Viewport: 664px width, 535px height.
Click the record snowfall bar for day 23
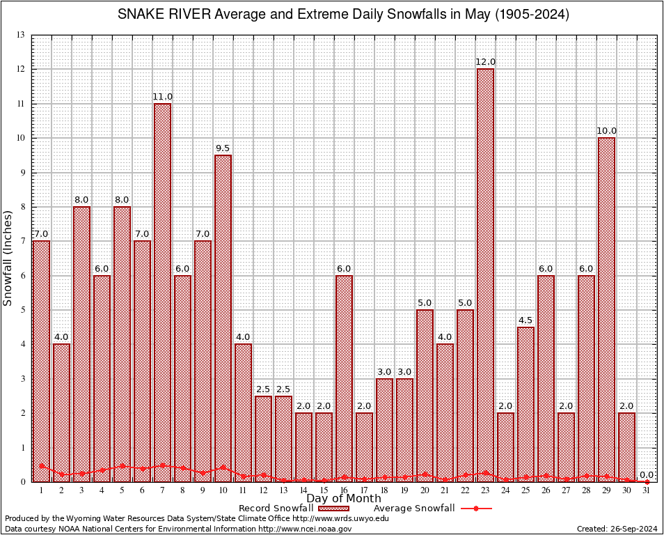click(485, 275)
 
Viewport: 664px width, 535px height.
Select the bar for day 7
click(162, 293)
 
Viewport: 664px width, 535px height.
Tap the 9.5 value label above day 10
click(223, 148)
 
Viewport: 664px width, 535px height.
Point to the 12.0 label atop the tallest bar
click(485, 62)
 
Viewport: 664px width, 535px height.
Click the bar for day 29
click(606, 310)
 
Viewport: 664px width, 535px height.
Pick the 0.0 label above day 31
click(647, 474)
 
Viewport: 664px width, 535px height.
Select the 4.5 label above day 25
click(525, 320)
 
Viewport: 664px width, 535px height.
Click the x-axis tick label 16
click(344, 490)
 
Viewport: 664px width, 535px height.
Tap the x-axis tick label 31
click(647, 490)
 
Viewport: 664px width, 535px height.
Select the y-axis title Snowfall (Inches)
click(8, 258)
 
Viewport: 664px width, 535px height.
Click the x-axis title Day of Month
click(343, 499)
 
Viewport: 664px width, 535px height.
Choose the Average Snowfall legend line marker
click(475, 509)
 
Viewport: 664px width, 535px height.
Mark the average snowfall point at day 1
click(42, 466)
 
